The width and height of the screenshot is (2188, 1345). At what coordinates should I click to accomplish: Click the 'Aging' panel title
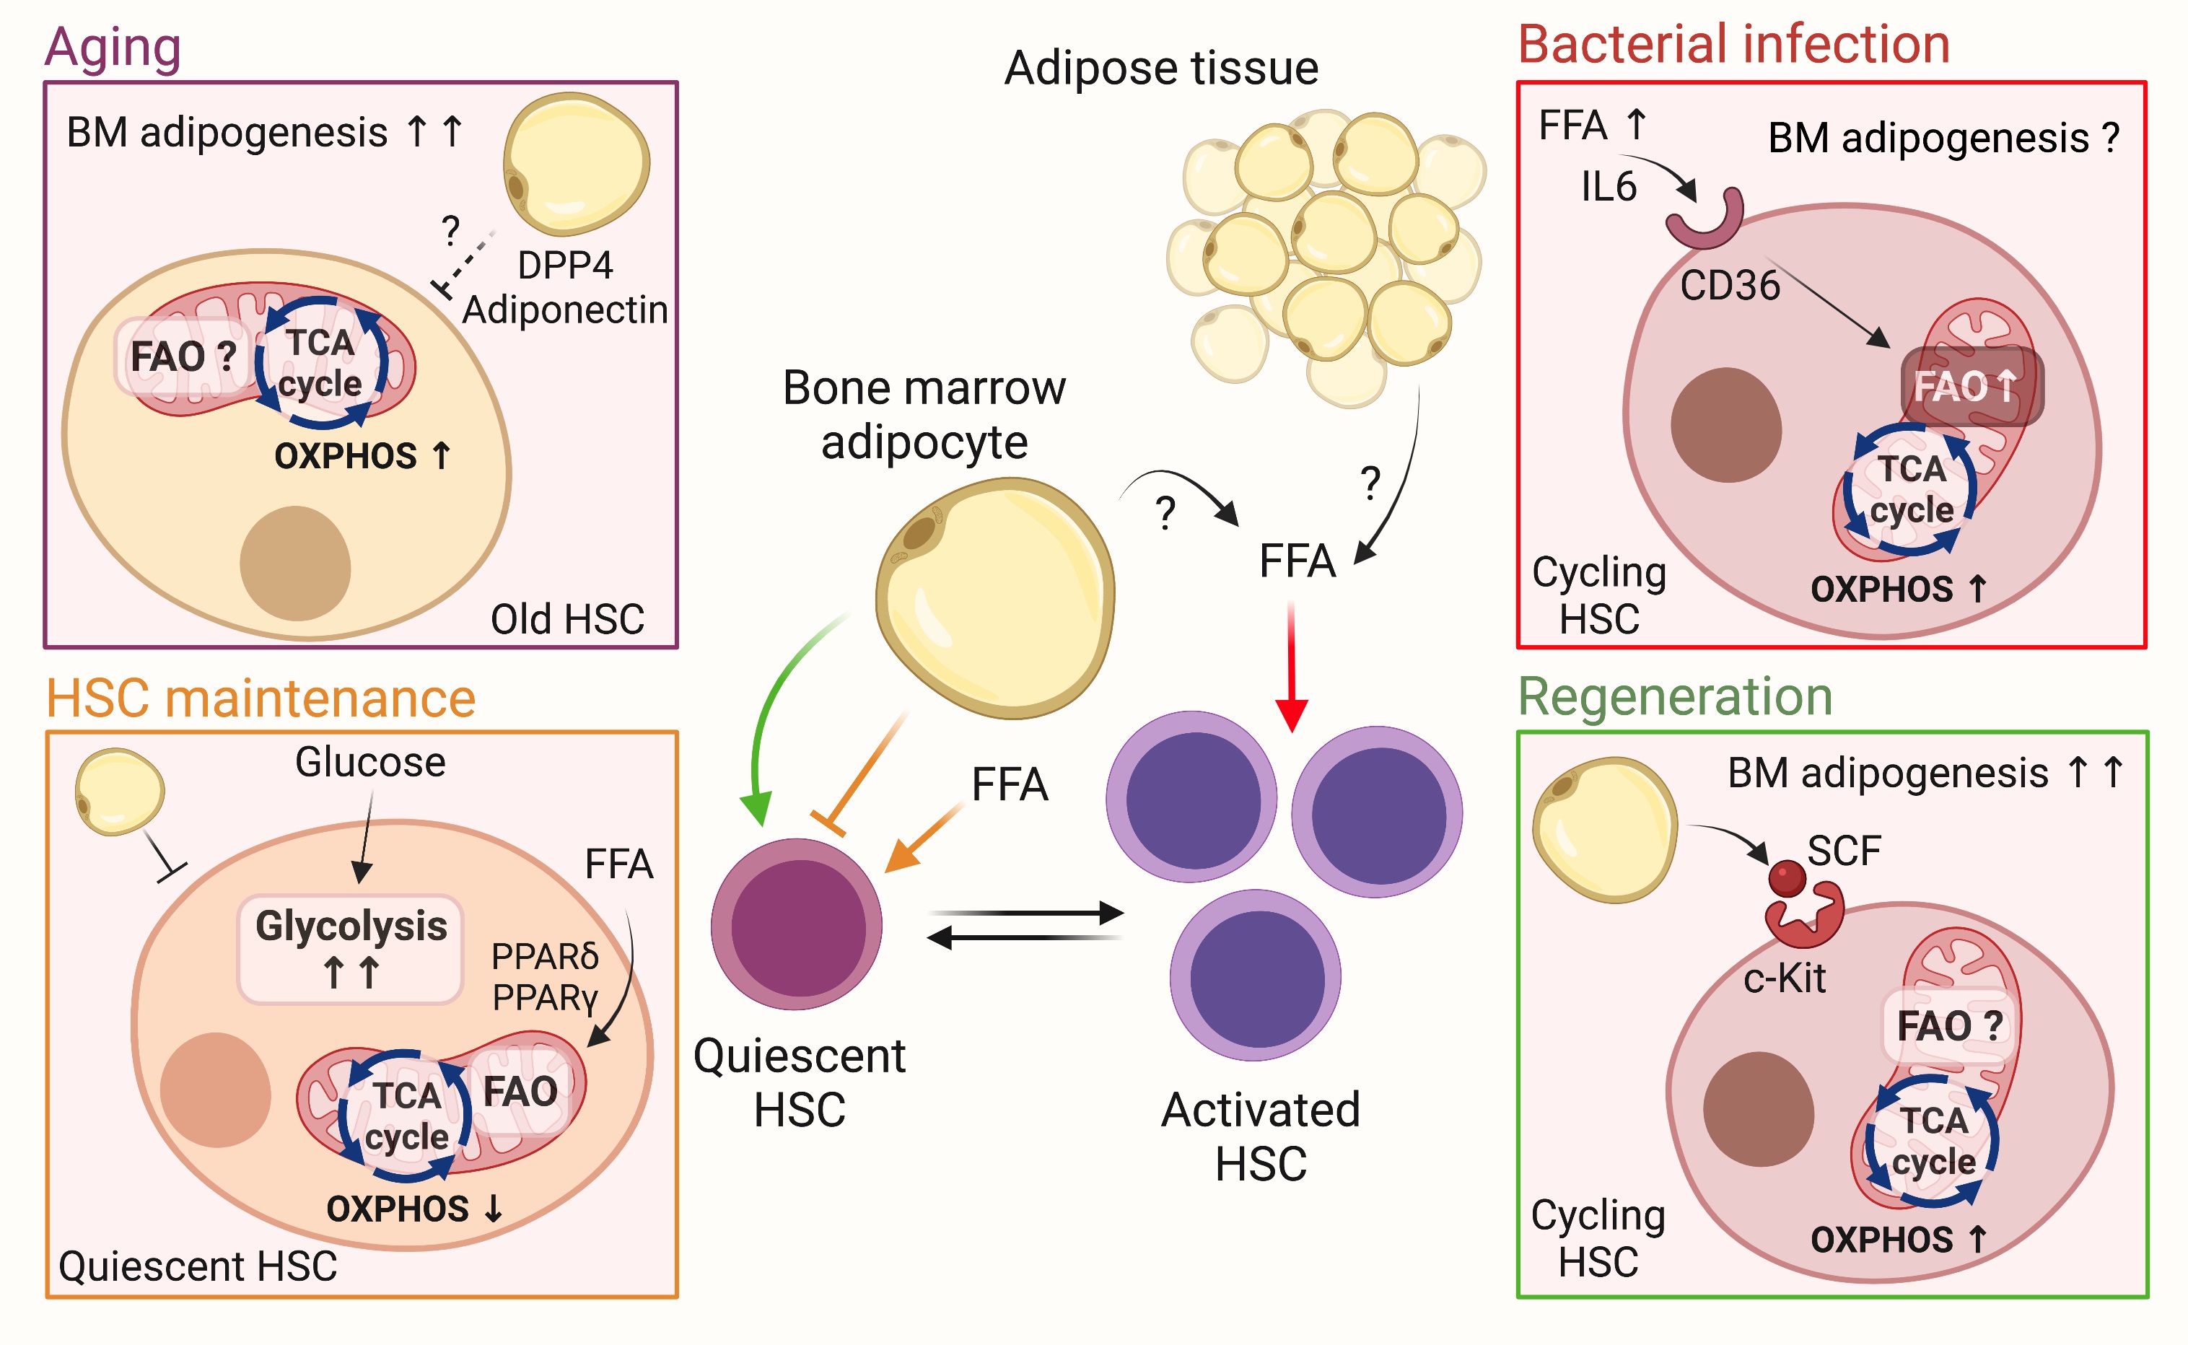113,46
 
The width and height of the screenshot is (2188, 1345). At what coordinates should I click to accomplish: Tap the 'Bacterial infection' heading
1733,45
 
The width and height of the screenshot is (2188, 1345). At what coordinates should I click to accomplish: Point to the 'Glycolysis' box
351,948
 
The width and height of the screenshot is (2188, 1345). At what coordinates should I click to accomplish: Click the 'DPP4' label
565,265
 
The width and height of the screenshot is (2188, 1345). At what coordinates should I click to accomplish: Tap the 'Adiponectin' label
565,310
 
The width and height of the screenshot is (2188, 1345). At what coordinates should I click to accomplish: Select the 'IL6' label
1608,187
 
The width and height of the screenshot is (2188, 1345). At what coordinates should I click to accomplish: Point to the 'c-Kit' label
1783,978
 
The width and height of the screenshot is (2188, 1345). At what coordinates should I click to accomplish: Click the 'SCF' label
1844,851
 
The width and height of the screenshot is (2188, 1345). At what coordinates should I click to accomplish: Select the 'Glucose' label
370,763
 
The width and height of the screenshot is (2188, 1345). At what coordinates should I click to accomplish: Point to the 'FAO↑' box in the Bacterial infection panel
1971,386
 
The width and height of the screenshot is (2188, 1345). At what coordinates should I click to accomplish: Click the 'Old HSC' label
567,619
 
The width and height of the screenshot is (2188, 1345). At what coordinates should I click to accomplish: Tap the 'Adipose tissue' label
1160,69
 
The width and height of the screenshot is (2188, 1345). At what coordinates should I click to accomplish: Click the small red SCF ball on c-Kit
1787,878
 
